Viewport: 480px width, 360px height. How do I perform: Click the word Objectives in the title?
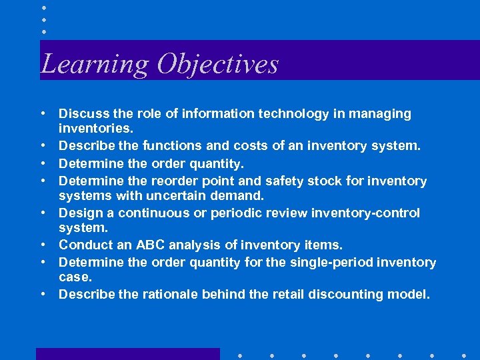(217, 64)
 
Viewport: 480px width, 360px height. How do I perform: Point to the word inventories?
(96, 127)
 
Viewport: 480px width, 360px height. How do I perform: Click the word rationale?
(171, 295)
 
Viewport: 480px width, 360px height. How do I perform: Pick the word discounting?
(350, 295)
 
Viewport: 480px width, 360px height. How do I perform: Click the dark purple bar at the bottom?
(127, 354)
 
